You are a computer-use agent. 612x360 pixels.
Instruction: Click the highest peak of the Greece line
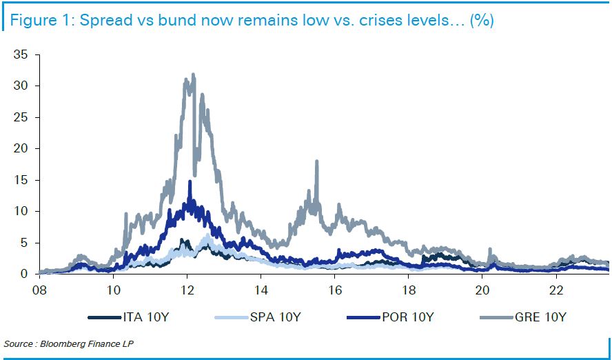tap(193, 74)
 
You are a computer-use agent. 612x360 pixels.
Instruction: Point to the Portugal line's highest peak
tap(190, 182)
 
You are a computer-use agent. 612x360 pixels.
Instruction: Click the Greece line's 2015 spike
tap(316, 161)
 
